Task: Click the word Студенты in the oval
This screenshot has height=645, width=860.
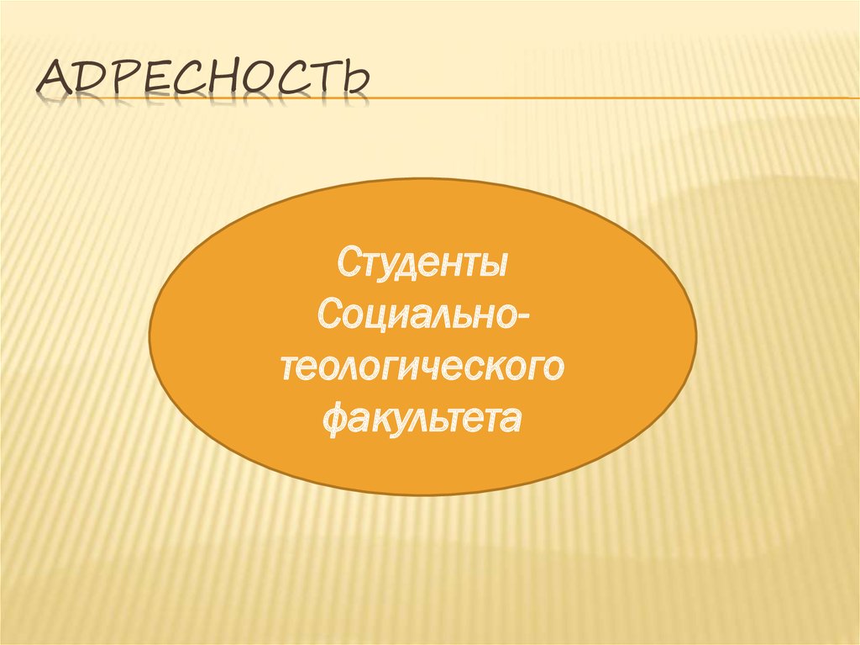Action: tap(422, 264)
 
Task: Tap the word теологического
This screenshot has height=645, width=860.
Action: tap(422, 367)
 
